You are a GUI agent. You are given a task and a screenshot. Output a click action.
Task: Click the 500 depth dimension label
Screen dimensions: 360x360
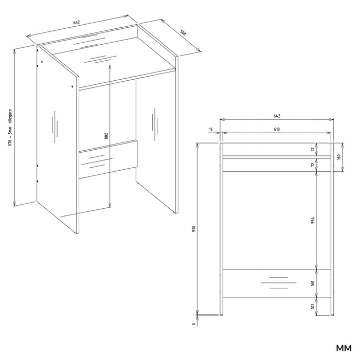coord(183,33)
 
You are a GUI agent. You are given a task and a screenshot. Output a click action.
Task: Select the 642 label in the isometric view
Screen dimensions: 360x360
coord(77,22)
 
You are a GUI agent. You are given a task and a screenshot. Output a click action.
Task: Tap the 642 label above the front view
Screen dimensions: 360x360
coord(277,116)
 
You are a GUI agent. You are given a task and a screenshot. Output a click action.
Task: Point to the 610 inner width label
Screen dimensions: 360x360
coord(277,129)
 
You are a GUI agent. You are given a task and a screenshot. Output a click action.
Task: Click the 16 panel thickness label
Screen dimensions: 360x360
coord(211,129)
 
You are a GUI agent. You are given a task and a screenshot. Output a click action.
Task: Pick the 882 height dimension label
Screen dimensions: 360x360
coord(106,136)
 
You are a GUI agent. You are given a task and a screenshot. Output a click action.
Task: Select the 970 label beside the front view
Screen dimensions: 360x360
coord(193,228)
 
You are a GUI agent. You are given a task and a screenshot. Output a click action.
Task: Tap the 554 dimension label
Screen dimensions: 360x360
coord(313,220)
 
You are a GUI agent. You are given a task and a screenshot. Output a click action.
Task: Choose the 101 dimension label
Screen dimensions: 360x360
coord(313,307)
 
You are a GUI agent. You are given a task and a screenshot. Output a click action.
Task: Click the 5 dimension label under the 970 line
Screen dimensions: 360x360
coord(193,324)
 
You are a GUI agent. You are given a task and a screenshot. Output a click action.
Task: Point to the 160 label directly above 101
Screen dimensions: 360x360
coord(313,283)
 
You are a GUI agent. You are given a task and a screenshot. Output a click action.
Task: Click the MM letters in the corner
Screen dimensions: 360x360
coord(344,348)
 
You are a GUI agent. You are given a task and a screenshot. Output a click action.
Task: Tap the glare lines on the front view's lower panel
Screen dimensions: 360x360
coord(279,283)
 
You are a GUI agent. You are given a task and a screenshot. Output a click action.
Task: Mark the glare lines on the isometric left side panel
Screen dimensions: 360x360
coord(55,127)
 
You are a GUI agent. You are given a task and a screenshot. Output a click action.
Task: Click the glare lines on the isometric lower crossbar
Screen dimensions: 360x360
coord(97,161)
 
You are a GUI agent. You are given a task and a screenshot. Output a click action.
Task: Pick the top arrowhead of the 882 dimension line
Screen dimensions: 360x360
coord(110,67)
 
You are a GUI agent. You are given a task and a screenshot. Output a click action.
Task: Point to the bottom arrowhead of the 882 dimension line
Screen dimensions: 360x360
coord(110,205)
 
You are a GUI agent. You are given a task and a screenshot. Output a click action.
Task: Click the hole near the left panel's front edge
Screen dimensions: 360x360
coord(73,86)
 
